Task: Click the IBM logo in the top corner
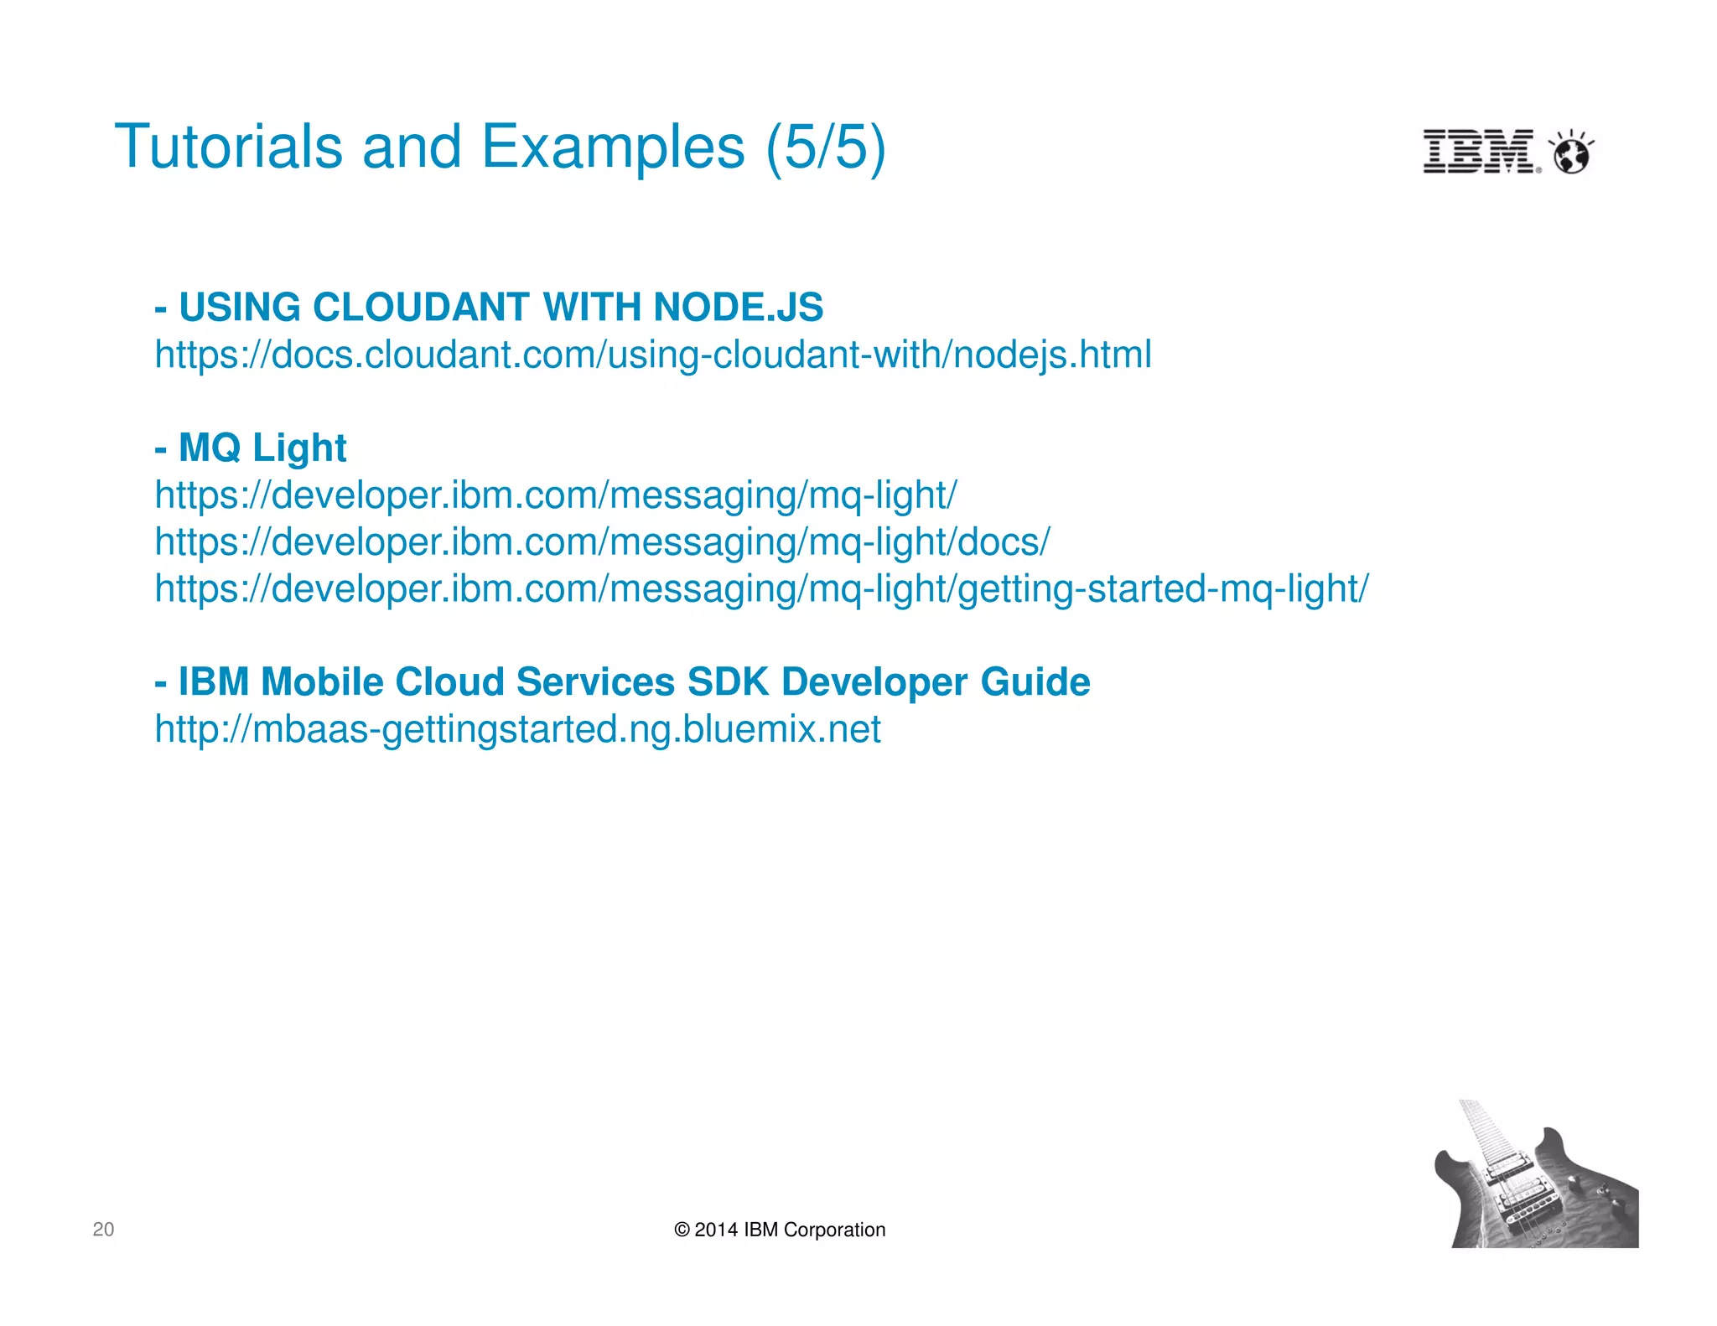pyautogui.click(x=1481, y=152)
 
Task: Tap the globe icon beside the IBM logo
pyautogui.click(x=1571, y=153)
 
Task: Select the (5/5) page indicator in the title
pyautogui.click(x=825, y=147)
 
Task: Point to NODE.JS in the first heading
pyautogui.click(x=738, y=307)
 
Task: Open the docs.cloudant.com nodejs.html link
pyautogui.click(x=652, y=355)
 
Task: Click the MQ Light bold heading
pyautogui.click(x=262, y=448)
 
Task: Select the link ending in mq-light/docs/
pyautogui.click(x=602, y=542)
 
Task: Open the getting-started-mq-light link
pyautogui.click(x=761, y=588)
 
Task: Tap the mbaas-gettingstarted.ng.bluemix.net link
pyautogui.click(x=517, y=729)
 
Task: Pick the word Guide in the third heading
pyautogui.click(x=1035, y=681)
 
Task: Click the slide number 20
pyautogui.click(x=103, y=1229)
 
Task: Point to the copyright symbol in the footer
pyautogui.click(x=682, y=1230)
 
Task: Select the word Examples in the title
pyautogui.click(x=613, y=147)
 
